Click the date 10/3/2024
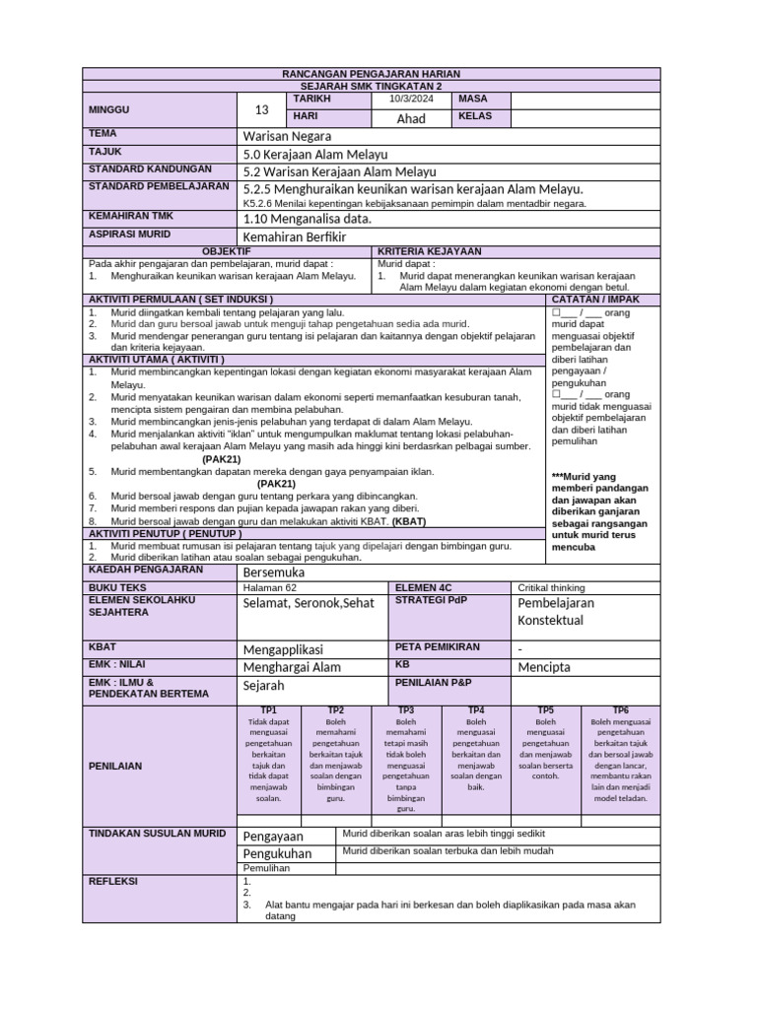[410, 100]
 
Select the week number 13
[261, 109]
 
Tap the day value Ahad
[410, 118]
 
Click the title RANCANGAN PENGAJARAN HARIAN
[371, 74]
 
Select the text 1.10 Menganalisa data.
[307, 219]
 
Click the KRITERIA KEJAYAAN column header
[429, 252]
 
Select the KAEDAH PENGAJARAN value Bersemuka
[274, 572]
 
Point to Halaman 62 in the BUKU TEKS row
[269, 588]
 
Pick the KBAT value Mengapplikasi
[283, 649]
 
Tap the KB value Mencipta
[544, 667]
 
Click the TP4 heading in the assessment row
[475, 709]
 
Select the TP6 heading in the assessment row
[621, 709]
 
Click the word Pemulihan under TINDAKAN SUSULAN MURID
[265, 871]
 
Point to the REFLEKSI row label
[113, 881]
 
